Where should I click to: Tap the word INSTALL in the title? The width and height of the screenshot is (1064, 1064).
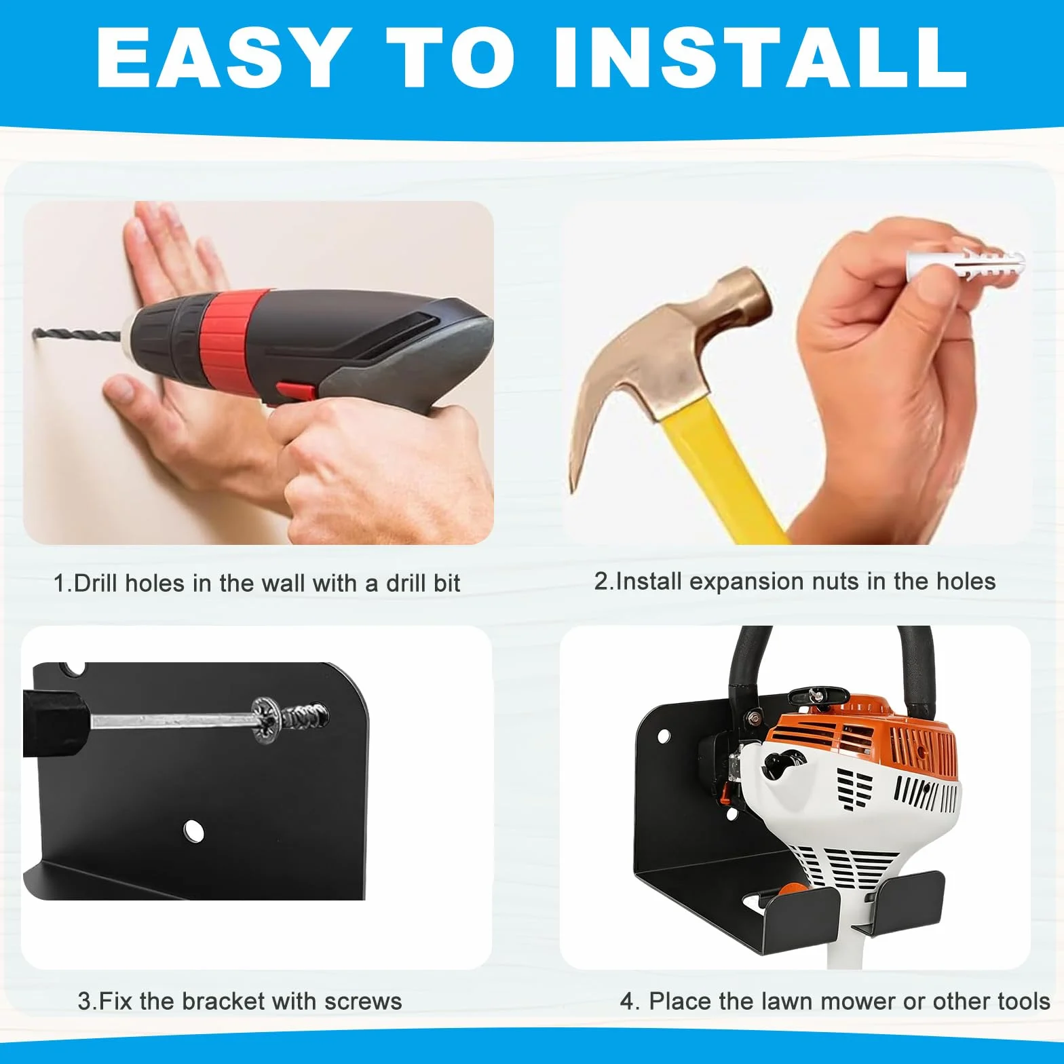(x=761, y=58)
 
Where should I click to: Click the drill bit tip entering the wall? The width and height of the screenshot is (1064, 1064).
(x=35, y=332)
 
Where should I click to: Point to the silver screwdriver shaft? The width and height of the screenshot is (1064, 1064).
(x=173, y=719)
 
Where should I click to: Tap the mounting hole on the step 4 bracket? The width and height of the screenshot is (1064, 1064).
(x=663, y=735)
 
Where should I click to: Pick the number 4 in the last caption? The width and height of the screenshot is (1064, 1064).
(x=628, y=1002)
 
